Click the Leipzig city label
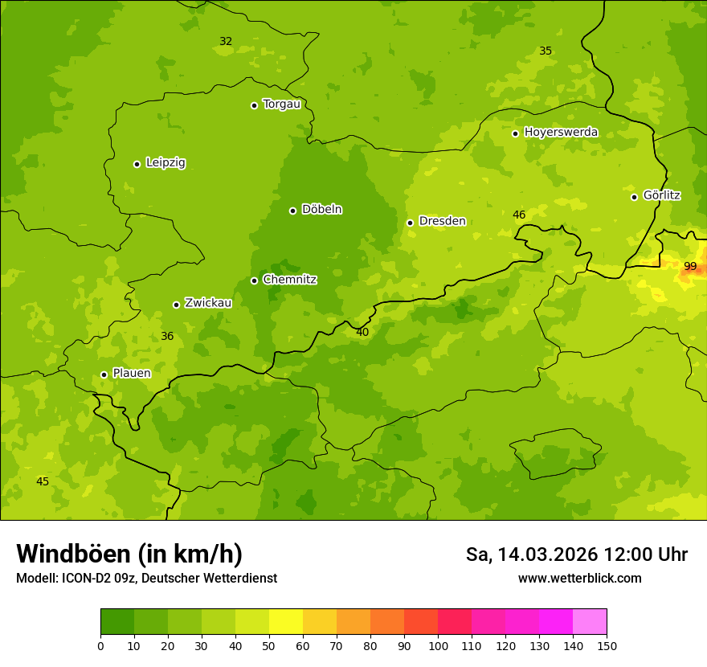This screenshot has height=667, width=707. (x=166, y=163)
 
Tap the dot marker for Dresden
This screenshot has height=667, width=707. (x=410, y=223)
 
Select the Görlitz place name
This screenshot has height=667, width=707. (x=662, y=195)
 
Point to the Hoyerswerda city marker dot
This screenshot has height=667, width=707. (x=515, y=133)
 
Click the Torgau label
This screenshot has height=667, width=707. (x=281, y=104)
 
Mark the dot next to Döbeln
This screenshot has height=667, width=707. (x=292, y=211)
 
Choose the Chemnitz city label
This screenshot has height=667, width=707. (x=289, y=280)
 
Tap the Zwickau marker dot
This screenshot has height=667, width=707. (x=176, y=305)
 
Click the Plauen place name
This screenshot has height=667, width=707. (x=132, y=374)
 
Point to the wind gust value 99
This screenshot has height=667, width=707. (x=690, y=267)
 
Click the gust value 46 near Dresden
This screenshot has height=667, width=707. (x=519, y=215)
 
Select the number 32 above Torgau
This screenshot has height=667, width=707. (x=226, y=42)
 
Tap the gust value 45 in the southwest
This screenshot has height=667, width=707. (x=43, y=482)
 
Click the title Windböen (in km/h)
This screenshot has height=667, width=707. (x=129, y=554)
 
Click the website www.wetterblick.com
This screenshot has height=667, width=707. (x=579, y=579)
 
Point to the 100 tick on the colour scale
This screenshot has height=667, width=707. (x=438, y=645)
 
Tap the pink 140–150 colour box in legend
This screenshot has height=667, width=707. (x=590, y=622)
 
